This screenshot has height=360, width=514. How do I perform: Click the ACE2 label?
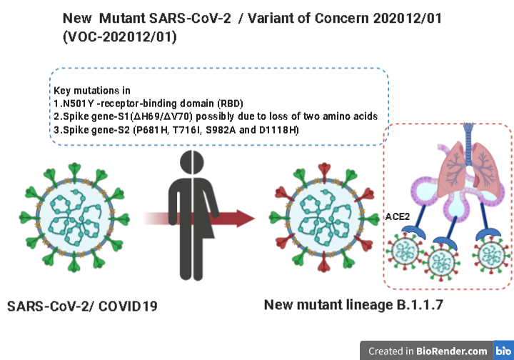(398, 215)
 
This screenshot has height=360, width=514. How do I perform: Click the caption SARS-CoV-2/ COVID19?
(82, 307)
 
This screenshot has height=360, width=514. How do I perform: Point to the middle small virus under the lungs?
(445, 263)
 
